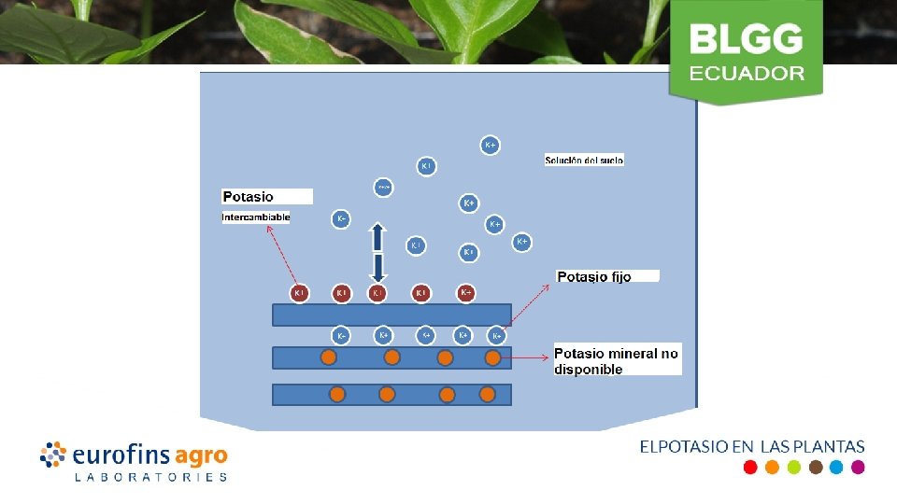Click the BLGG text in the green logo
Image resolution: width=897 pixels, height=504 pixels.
pyautogui.click(x=746, y=38)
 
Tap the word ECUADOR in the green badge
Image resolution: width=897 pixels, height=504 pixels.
pyautogui.click(x=747, y=73)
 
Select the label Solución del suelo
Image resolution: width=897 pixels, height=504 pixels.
pyautogui.click(x=584, y=161)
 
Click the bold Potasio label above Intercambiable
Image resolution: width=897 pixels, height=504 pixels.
pyautogui.click(x=249, y=197)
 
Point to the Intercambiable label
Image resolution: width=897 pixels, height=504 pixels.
pyautogui.click(x=256, y=217)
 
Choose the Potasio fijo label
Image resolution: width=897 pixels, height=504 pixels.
pyautogui.click(x=594, y=276)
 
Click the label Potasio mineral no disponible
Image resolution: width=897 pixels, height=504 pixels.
pyautogui.click(x=617, y=361)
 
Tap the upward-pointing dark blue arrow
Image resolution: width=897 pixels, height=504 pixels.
pyautogui.click(x=377, y=236)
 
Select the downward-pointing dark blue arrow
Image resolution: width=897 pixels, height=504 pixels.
pyautogui.click(x=377, y=268)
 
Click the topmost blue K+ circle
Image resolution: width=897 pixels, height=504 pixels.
pyautogui.click(x=490, y=145)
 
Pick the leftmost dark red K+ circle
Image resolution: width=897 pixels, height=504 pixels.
pyautogui.click(x=300, y=293)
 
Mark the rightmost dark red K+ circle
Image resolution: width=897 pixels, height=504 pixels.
pyautogui.click(x=466, y=293)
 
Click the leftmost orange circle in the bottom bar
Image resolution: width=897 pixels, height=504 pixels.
pyautogui.click(x=338, y=395)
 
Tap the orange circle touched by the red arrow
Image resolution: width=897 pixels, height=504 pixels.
pyautogui.click(x=492, y=357)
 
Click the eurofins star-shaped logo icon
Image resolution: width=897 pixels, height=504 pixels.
pyautogui.click(x=53, y=455)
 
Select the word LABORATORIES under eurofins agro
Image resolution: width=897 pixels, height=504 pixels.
pyautogui.click(x=150, y=477)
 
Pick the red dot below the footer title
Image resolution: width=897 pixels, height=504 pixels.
pyautogui.click(x=749, y=468)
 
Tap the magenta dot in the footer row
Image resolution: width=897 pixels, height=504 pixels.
pyautogui.click(x=858, y=468)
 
